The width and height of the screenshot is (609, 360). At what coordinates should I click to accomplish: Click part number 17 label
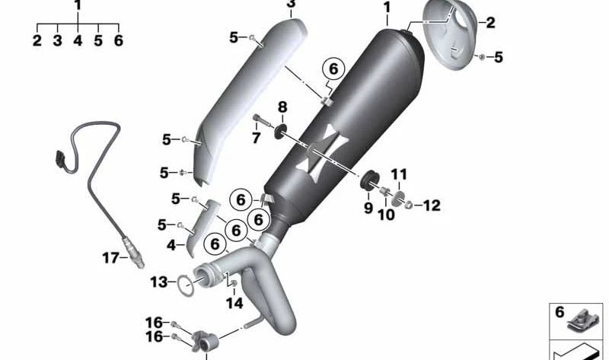110,259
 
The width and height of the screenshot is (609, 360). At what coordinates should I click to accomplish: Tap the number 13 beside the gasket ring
158,282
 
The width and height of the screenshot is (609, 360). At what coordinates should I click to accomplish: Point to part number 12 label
432,205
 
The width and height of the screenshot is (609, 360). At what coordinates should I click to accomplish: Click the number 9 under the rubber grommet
368,207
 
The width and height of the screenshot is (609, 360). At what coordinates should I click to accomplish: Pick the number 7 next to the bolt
257,138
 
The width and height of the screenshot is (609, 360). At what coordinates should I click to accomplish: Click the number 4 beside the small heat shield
171,245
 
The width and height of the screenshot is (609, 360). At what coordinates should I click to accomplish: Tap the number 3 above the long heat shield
291,5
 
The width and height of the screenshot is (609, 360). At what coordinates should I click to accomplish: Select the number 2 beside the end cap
490,23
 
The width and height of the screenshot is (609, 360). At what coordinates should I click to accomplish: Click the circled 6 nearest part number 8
333,69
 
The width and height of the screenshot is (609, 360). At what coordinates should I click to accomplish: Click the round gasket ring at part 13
185,285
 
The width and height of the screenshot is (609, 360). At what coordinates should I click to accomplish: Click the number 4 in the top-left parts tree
78,42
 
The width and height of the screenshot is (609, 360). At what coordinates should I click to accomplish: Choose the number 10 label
387,214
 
